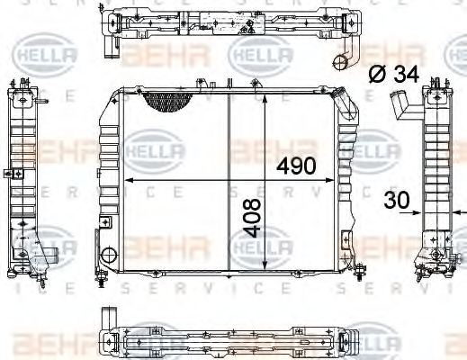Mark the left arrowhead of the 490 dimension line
(x=127, y=181)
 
